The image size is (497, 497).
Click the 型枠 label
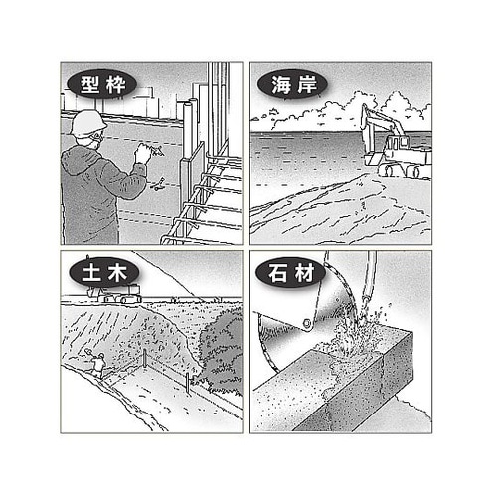tap(102, 84)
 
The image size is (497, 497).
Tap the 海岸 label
tap(293, 84)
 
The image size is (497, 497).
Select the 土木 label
tap(104, 274)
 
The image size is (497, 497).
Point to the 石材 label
tap(291, 273)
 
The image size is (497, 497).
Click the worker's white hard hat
tap(87, 122)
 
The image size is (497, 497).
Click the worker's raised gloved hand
tap(143, 153)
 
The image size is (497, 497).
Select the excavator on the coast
tap(396, 142)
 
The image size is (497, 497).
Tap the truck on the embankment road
tap(113, 294)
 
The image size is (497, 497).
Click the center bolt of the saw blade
tap(307, 322)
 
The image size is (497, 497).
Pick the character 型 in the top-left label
tap(89, 84)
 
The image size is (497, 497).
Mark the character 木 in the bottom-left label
tap(117, 274)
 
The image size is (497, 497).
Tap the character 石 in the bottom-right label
tap(277, 273)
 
